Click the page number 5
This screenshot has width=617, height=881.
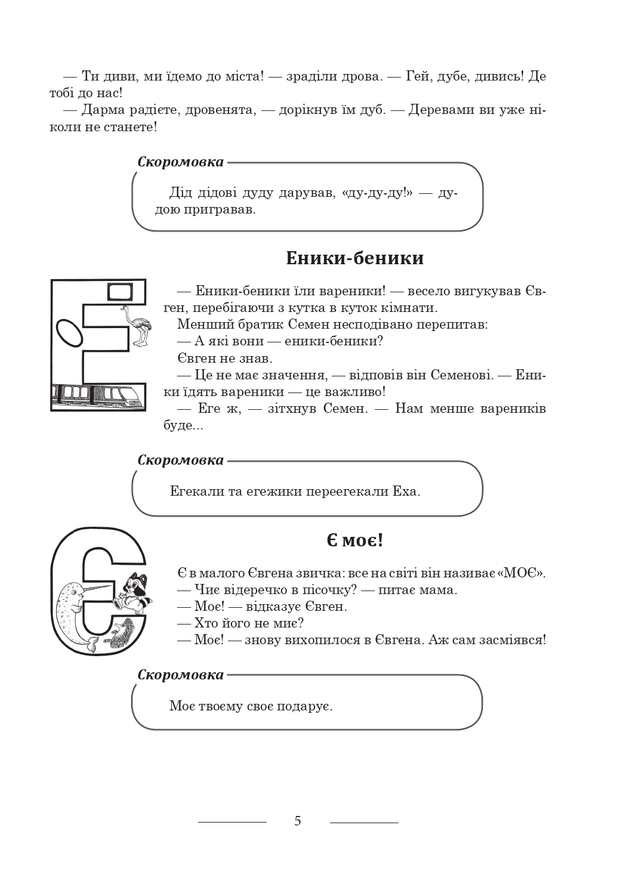point(298,821)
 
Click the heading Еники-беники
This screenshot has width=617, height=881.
point(354,258)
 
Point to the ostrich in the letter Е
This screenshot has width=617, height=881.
point(136,324)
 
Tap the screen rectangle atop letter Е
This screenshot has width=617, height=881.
point(119,292)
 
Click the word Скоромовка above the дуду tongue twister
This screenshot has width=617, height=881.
point(180,162)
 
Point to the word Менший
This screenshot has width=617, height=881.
point(198,325)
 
